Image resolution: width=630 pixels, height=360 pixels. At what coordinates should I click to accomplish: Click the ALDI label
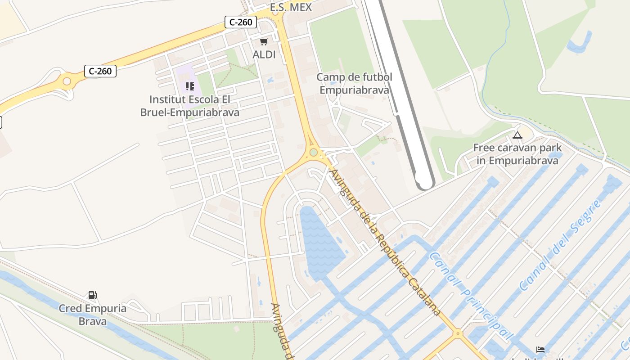click(264, 54)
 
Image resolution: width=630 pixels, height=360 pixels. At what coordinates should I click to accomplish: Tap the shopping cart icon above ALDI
click(264, 42)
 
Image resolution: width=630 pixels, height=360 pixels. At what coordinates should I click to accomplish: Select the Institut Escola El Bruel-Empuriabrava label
click(189, 106)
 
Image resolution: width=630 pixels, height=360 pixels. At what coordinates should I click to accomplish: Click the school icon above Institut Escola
click(189, 86)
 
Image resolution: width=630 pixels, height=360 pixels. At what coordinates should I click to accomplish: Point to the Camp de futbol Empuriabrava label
click(354, 83)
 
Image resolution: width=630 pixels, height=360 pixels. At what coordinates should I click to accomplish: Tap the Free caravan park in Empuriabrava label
click(517, 154)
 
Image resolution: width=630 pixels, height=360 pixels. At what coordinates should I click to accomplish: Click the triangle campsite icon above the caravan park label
click(517, 135)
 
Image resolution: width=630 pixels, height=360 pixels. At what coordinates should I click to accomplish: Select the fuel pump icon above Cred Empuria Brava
click(92, 295)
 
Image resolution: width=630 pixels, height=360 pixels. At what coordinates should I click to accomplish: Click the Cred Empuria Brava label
click(92, 315)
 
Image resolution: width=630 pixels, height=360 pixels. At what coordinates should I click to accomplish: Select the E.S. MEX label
click(290, 7)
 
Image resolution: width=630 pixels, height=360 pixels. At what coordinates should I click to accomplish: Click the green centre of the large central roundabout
click(313, 153)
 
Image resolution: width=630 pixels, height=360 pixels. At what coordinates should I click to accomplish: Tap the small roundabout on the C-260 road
click(67, 81)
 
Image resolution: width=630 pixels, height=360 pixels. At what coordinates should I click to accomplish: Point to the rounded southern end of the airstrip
click(424, 183)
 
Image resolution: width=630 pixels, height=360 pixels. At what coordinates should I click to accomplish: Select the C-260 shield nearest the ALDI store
click(241, 22)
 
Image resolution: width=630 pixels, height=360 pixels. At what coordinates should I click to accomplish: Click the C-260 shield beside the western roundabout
click(100, 71)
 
